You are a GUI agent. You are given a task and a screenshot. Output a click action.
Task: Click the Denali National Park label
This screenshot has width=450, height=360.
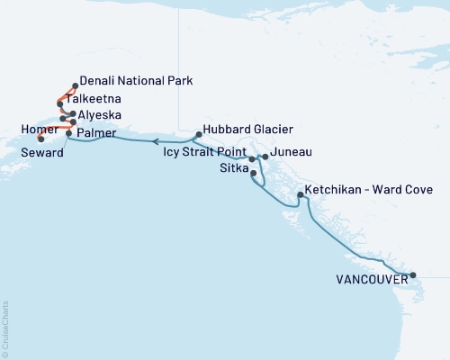click(x=135, y=80)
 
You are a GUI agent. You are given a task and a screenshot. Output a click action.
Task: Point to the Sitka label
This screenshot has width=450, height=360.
click(x=236, y=167)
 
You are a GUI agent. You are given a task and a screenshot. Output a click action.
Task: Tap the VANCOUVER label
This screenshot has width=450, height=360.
click(x=369, y=279)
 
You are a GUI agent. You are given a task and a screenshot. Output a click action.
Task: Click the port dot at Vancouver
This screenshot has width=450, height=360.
click(x=412, y=275)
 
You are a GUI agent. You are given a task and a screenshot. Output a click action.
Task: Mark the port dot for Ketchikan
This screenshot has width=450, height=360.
click(x=300, y=194)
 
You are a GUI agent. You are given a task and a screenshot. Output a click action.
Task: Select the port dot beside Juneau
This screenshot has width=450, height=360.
click(x=265, y=157)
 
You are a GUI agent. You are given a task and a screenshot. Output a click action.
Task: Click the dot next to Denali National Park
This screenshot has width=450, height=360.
click(x=74, y=86)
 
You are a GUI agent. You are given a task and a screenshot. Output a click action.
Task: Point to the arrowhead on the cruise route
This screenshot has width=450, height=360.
click(x=154, y=141)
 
